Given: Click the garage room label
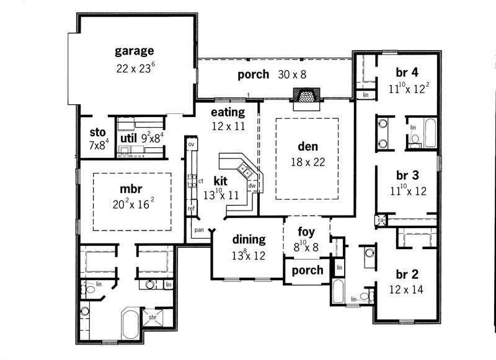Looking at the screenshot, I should tap(134, 51).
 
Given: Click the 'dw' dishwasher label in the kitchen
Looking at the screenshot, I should tap(252, 185).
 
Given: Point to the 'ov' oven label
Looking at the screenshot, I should tap(192, 144).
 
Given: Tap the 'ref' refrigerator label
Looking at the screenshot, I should tap(192, 209).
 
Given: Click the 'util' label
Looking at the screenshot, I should tap(128, 137).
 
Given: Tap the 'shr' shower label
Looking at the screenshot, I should tap(153, 318).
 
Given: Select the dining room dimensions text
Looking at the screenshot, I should tap(249, 254).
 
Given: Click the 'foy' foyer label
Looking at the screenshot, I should tap(306, 232).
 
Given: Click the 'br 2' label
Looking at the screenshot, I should tap(408, 273).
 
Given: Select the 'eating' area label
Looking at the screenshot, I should tap(228, 112).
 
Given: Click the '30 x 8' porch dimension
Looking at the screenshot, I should tap(291, 75).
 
